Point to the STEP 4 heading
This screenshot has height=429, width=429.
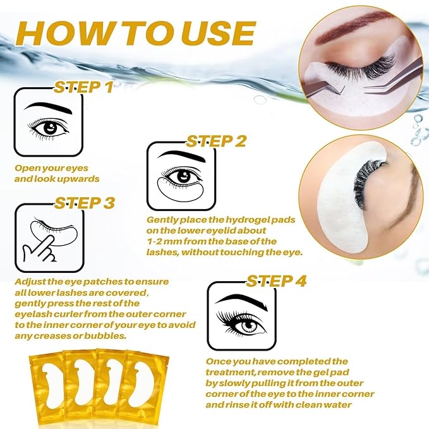[x=276, y=280]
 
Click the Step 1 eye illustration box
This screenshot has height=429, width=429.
[x=48, y=123]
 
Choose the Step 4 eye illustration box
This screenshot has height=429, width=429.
[x=241, y=315]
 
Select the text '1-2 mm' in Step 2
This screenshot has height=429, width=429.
[x=162, y=241]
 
